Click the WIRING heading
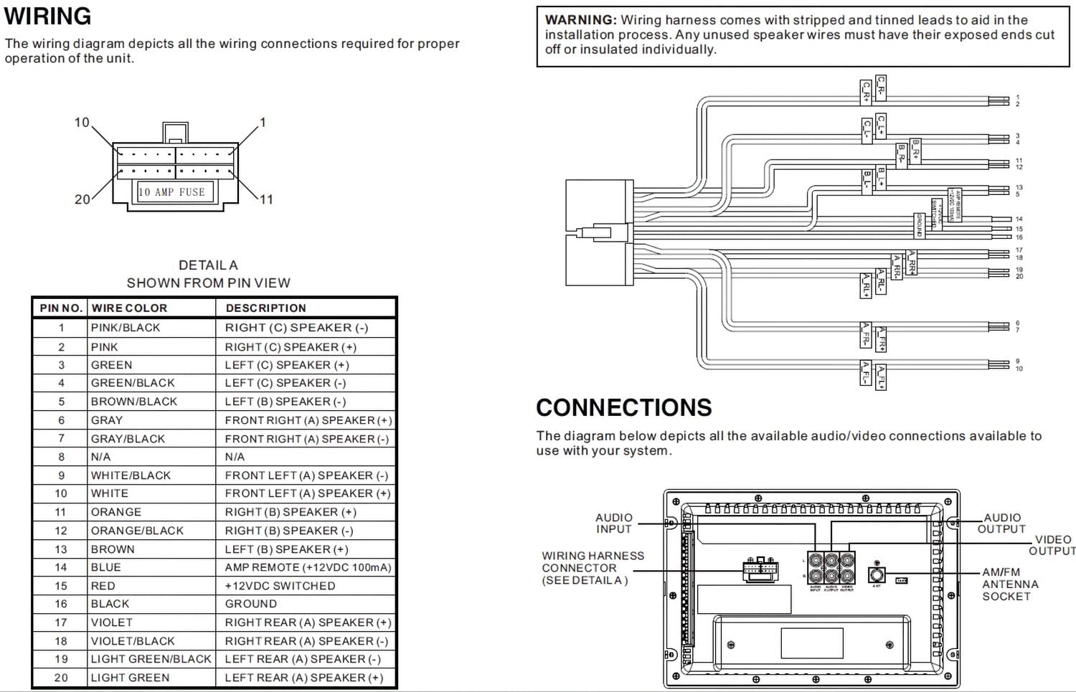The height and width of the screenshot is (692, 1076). click(x=48, y=16)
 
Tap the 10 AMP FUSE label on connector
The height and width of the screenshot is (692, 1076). click(x=171, y=192)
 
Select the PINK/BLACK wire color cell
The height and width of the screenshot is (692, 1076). click(x=126, y=328)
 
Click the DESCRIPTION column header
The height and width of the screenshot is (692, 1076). click(x=265, y=308)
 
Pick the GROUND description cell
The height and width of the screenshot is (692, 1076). click(x=250, y=604)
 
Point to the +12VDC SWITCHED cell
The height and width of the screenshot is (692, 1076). click(x=280, y=586)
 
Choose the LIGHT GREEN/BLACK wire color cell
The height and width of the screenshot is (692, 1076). click(x=151, y=659)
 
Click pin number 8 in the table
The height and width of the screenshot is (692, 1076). click(x=61, y=457)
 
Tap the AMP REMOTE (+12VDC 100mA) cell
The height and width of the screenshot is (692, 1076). click(x=308, y=567)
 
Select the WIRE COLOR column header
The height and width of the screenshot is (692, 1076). click(x=129, y=308)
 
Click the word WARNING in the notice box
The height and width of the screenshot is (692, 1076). click(x=580, y=20)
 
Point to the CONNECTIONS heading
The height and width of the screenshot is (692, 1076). click(x=623, y=407)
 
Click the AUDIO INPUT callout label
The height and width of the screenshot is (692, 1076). click(x=614, y=523)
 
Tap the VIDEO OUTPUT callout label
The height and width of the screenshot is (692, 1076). click(x=1052, y=545)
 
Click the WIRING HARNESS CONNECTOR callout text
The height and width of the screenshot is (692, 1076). click(x=593, y=567)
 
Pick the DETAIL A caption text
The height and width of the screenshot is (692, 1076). click(x=208, y=265)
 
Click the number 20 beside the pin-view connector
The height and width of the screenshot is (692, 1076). click(x=82, y=199)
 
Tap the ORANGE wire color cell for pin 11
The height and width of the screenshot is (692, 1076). click(x=116, y=512)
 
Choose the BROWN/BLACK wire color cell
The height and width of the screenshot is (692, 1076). click(x=133, y=402)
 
